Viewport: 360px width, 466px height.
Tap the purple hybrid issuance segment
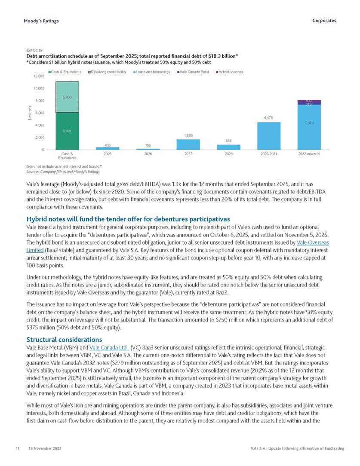click(309, 101)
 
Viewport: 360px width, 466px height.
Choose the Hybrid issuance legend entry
click(231, 72)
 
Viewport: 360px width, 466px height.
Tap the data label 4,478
click(268, 117)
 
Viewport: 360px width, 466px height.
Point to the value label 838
click(228, 141)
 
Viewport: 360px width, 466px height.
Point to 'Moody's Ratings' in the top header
click(41, 21)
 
